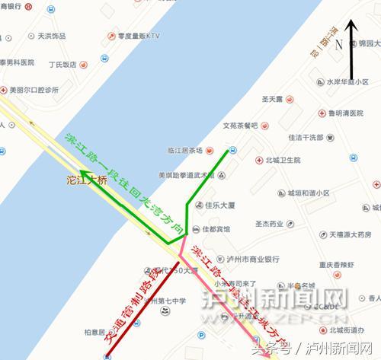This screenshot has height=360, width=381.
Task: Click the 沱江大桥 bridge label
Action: point(86,181)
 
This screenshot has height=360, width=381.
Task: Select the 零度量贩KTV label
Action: point(142,34)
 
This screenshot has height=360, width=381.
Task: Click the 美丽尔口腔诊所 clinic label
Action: point(34,90)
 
